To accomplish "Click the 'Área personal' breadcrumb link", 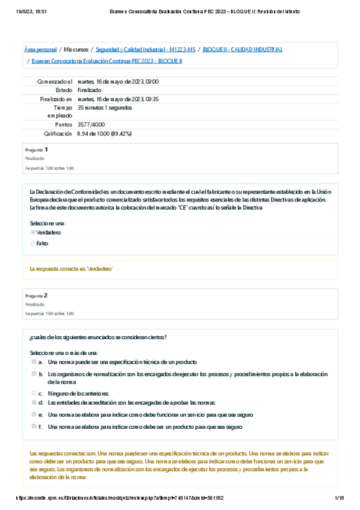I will [40, 49].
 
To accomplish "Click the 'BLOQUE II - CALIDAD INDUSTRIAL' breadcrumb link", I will [243, 49].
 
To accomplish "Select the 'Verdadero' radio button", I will [33, 232].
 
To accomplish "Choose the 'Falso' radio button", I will [33, 244].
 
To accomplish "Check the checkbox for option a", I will [34, 362].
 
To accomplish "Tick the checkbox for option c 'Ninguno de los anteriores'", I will [34, 393].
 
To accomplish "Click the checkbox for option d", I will [34, 402].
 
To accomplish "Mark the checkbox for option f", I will [34, 426].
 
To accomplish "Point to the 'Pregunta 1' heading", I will [37, 149].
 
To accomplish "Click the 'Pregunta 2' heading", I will [37, 296].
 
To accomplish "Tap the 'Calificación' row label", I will [58, 134].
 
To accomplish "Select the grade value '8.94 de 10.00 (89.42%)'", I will [104, 134].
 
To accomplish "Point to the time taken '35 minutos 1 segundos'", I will [105, 108].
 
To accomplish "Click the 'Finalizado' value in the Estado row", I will [90, 90].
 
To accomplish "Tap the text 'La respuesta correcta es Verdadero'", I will [72, 269].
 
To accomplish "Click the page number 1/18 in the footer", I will [338, 498].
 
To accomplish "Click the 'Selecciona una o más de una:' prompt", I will [64, 352].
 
